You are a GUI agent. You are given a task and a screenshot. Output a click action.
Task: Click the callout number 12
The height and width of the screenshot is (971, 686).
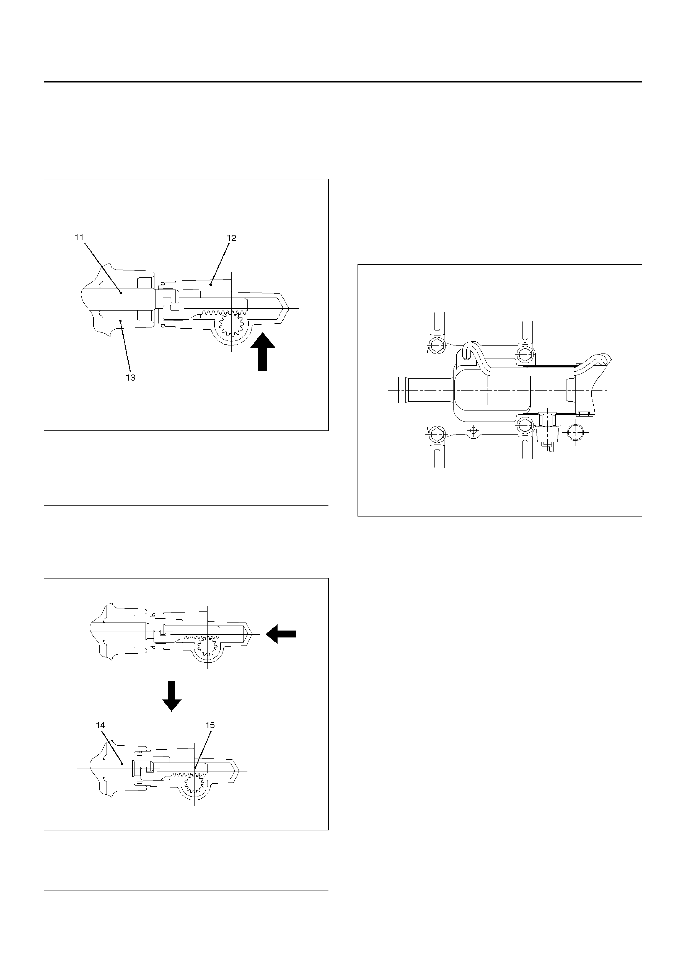[x=231, y=238]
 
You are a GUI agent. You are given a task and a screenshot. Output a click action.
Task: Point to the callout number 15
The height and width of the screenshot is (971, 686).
[x=210, y=725]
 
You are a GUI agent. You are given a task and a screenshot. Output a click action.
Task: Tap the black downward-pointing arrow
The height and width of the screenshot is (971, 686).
[x=172, y=696]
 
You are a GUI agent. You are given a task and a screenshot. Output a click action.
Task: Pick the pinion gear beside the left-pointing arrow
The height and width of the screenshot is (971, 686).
[x=207, y=647]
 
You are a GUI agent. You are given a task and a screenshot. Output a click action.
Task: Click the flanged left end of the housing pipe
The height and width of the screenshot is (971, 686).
[x=403, y=390]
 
